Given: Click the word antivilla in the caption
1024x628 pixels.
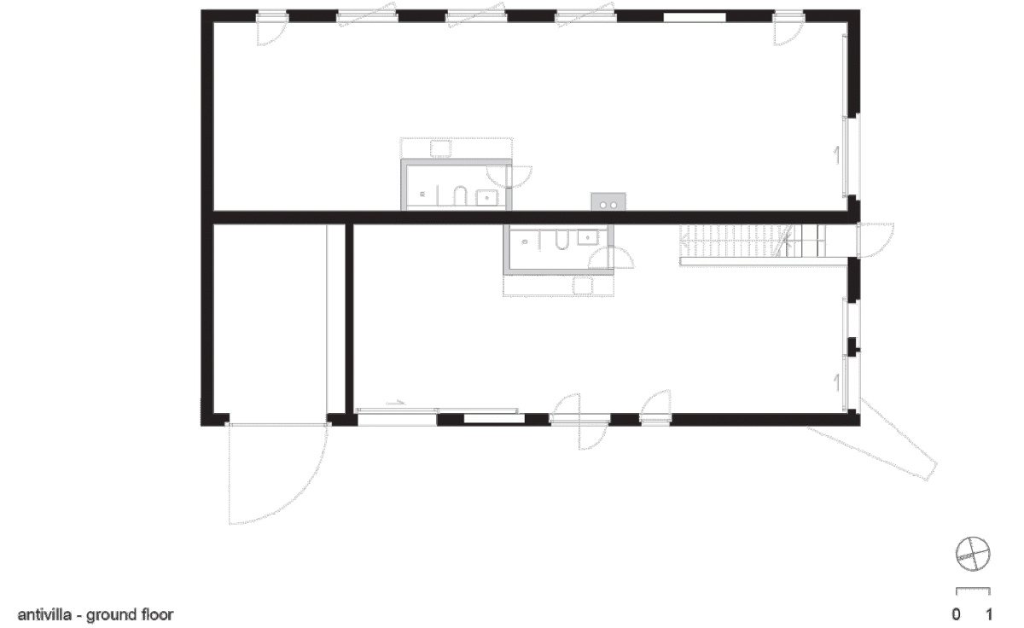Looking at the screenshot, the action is point(44,614).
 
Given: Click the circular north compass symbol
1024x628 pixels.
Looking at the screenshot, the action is point(973,554).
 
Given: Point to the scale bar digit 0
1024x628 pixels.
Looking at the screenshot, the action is point(956,613).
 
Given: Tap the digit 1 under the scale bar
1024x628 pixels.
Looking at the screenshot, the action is point(989,613).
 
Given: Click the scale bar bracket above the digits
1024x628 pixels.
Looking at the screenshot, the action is point(973,591).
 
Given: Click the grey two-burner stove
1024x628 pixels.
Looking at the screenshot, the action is point(608,201).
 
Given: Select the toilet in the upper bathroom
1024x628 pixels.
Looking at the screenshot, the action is point(459,195).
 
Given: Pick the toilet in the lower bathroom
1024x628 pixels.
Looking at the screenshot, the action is point(561,240).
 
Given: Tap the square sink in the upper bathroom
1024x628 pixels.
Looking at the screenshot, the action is point(486,198).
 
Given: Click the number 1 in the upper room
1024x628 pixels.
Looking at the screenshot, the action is point(836,155).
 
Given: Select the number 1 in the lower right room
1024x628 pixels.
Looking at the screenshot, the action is point(836,382).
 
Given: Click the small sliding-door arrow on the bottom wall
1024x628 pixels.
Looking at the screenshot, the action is point(396,403).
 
